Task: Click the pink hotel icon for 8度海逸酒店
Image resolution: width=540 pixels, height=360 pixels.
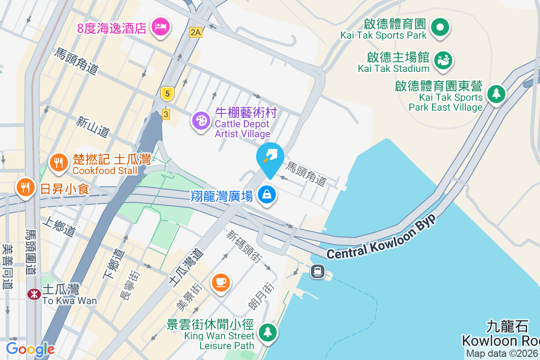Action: (x=161, y=27)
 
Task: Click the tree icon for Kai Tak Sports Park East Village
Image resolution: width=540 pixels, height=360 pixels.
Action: (x=496, y=94)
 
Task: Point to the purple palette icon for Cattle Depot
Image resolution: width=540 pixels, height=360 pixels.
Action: (x=201, y=121)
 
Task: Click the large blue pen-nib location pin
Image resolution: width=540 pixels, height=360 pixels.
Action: (x=270, y=158)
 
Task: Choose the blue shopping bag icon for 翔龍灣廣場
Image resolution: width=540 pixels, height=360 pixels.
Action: (x=267, y=195)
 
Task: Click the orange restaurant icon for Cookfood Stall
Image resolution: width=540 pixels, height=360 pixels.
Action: (x=58, y=162)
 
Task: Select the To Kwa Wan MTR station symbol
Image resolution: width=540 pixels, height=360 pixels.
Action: (x=33, y=294)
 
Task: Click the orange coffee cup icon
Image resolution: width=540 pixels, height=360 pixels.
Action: (x=221, y=282)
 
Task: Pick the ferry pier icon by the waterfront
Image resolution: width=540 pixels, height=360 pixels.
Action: (x=318, y=271)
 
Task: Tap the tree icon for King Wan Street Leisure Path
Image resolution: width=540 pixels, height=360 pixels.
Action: (x=268, y=333)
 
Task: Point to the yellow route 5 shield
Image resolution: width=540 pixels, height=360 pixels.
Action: (x=167, y=94)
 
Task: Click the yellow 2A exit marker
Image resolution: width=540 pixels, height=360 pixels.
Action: (x=196, y=32)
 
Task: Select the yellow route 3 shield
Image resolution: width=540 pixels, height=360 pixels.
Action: (x=166, y=114)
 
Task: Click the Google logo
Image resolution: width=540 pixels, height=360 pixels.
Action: (x=30, y=349)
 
